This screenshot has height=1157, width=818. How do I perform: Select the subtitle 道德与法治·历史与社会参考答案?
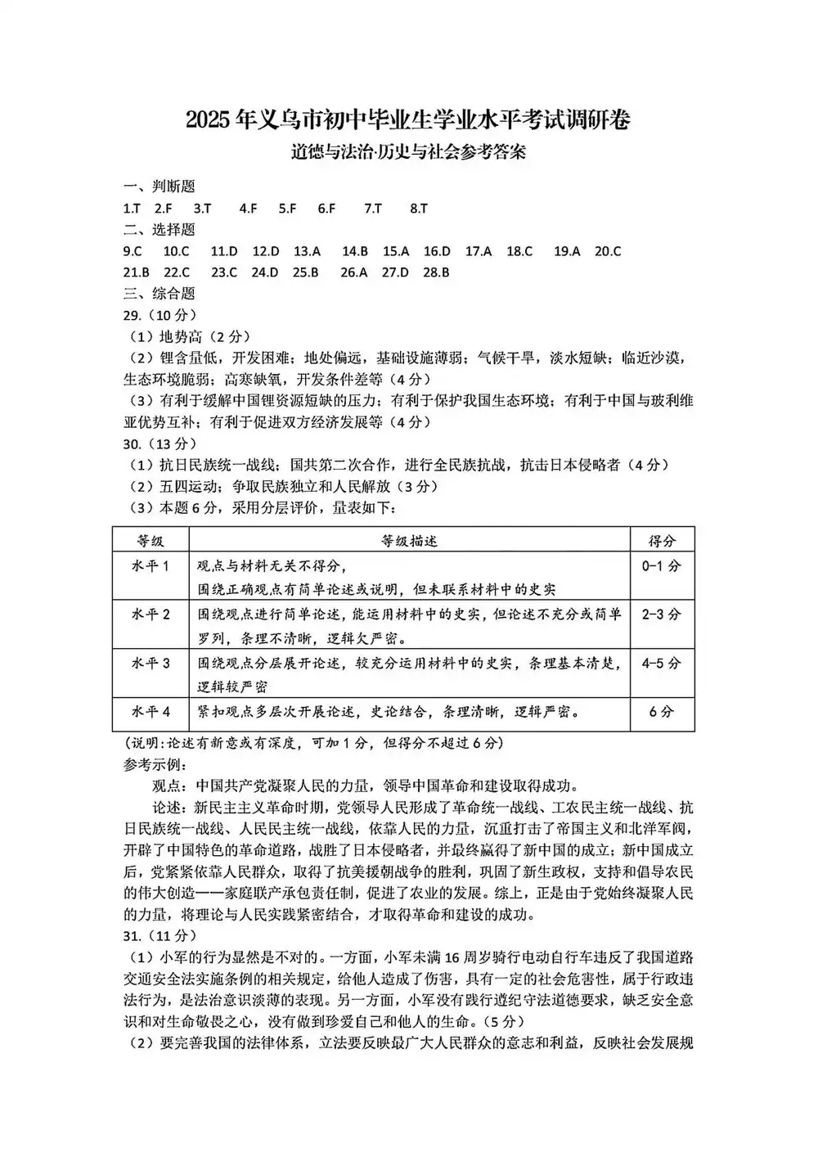(408, 152)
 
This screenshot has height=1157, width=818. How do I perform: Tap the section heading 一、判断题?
(159, 187)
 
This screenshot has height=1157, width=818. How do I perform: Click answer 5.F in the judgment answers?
(287, 209)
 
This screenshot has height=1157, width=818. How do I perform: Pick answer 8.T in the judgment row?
(418, 209)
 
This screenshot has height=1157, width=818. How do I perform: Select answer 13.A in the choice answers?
(307, 251)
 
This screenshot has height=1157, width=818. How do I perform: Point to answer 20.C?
(607, 251)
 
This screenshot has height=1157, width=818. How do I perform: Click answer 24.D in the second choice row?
(264, 272)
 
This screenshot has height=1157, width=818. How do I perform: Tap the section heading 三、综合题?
(159, 294)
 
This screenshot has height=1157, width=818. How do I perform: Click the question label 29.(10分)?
(160, 315)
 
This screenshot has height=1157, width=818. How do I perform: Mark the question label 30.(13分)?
(160, 443)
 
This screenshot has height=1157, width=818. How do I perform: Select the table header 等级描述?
(409, 541)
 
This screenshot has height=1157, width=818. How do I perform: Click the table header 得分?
(662, 541)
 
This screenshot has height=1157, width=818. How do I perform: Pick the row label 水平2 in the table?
(151, 615)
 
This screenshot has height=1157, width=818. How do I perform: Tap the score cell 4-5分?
(661, 664)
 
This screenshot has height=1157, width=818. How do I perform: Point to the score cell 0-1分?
(661, 566)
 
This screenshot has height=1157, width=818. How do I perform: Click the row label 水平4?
(151, 712)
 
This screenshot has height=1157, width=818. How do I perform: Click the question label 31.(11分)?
(160, 935)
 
